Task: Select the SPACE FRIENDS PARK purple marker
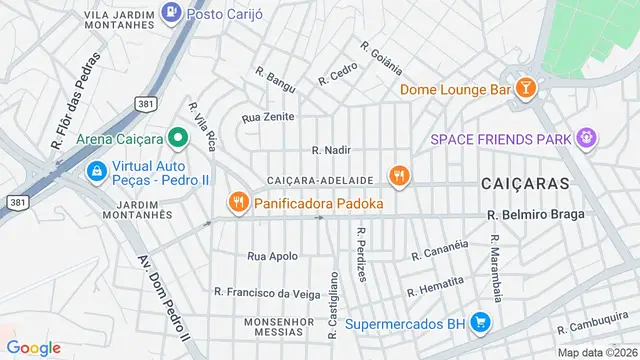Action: tap(587, 138)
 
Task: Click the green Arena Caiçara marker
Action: tap(178, 137)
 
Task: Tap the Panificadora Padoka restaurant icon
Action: tap(237, 203)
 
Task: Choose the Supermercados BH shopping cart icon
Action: tap(481, 323)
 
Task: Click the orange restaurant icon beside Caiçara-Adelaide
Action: tap(400, 178)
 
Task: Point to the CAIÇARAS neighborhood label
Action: tap(524, 184)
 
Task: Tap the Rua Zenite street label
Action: tap(268, 117)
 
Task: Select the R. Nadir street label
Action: tap(331, 150)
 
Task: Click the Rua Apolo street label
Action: tap(272, 256)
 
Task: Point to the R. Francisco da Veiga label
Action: tap(267, 293)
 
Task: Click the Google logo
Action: tap(34, 347)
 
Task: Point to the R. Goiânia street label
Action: tap(381, 58)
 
